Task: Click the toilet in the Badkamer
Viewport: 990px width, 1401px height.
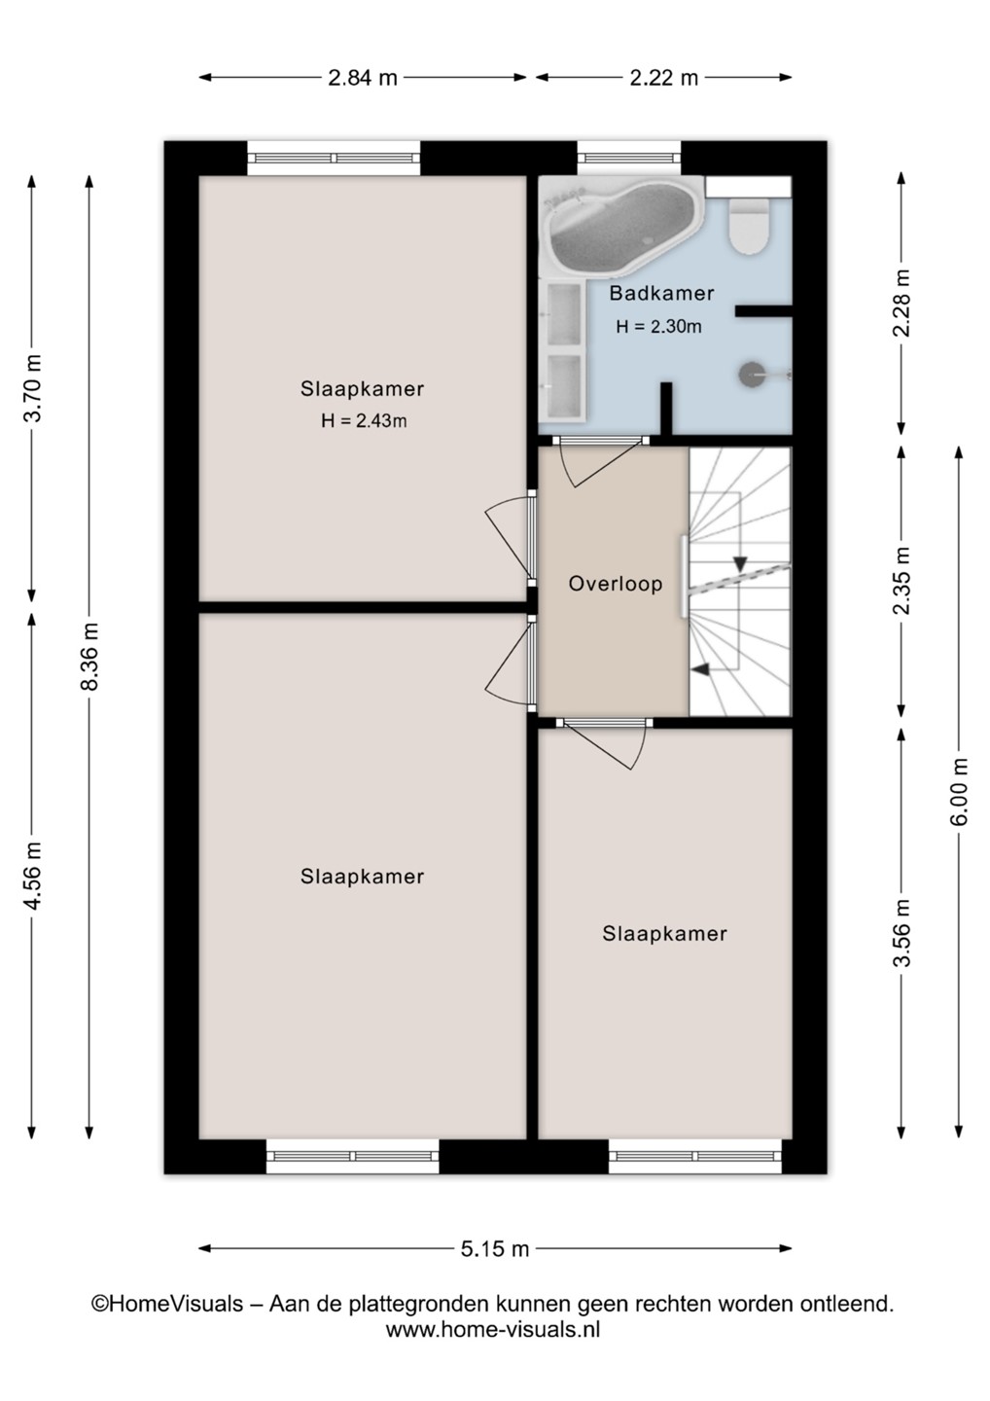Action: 749,227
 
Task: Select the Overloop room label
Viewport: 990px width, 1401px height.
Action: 615,584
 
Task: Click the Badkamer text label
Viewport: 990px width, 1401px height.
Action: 661,294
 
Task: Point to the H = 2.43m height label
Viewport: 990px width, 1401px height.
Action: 364,421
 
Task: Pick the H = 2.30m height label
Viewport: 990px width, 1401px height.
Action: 658,327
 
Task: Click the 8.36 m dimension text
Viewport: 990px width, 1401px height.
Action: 88,657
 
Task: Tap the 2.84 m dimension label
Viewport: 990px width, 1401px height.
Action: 363,78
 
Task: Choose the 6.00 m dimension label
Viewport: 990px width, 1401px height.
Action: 959,792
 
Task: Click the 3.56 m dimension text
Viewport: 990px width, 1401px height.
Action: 902,933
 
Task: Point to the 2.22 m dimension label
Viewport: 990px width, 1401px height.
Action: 664,78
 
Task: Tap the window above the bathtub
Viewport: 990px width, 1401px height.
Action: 629,158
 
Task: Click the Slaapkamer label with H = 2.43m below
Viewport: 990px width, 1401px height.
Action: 363,389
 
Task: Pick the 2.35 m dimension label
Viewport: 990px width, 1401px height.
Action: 902,582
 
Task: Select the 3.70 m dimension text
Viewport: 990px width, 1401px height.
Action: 32,388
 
